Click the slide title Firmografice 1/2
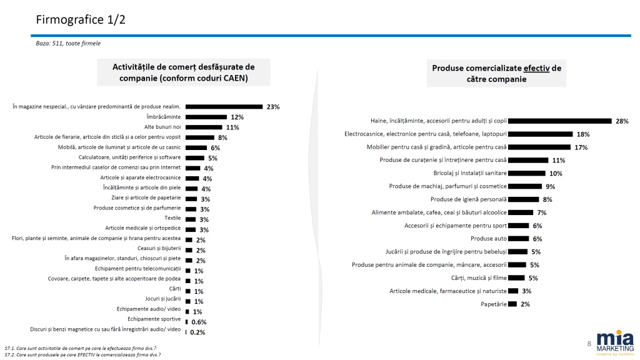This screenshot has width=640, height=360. pyautogui.click(x=81, y=19)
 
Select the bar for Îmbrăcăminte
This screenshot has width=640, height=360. pyautogui.click(x=204, y=117)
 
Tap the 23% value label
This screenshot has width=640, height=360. pyautogui.click(x=272, y=107)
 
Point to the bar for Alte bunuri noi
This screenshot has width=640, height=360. pyautogui.click(x=204, y=127)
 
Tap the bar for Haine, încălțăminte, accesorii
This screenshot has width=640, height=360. pyautogui.click(x=560, y=121)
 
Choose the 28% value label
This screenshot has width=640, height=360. pyautogui.click(x=622, y=121)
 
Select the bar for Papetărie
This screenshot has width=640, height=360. pyautogui.click(x=512, y=304)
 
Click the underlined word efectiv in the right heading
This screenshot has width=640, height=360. pyautogui.click(x=536, y=68)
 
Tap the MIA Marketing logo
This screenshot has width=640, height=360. pyautogui.click(x=615, y=342)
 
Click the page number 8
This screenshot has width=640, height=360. pyautogui.click(x=589, y=344)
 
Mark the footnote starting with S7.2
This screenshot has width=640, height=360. pyautogui.click(x=81, y=355)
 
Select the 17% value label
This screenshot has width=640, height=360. pyautogui.click(x=581, y=147)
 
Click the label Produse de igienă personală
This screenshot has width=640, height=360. pyautogui.click(x=468, y=199)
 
